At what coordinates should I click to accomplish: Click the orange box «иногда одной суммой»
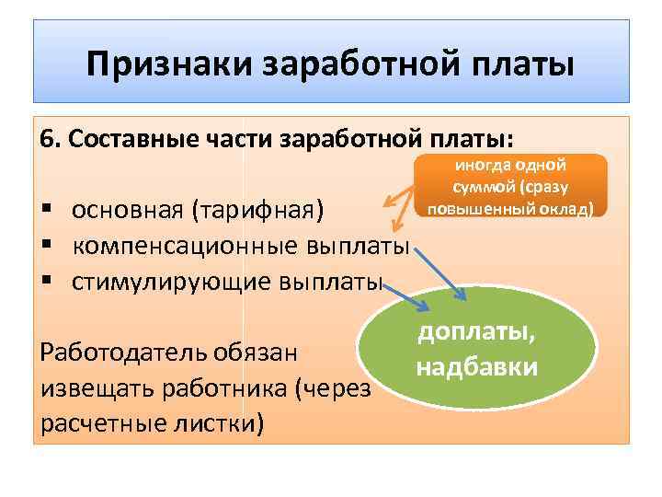pyautogui.click(x=510, y=186)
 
